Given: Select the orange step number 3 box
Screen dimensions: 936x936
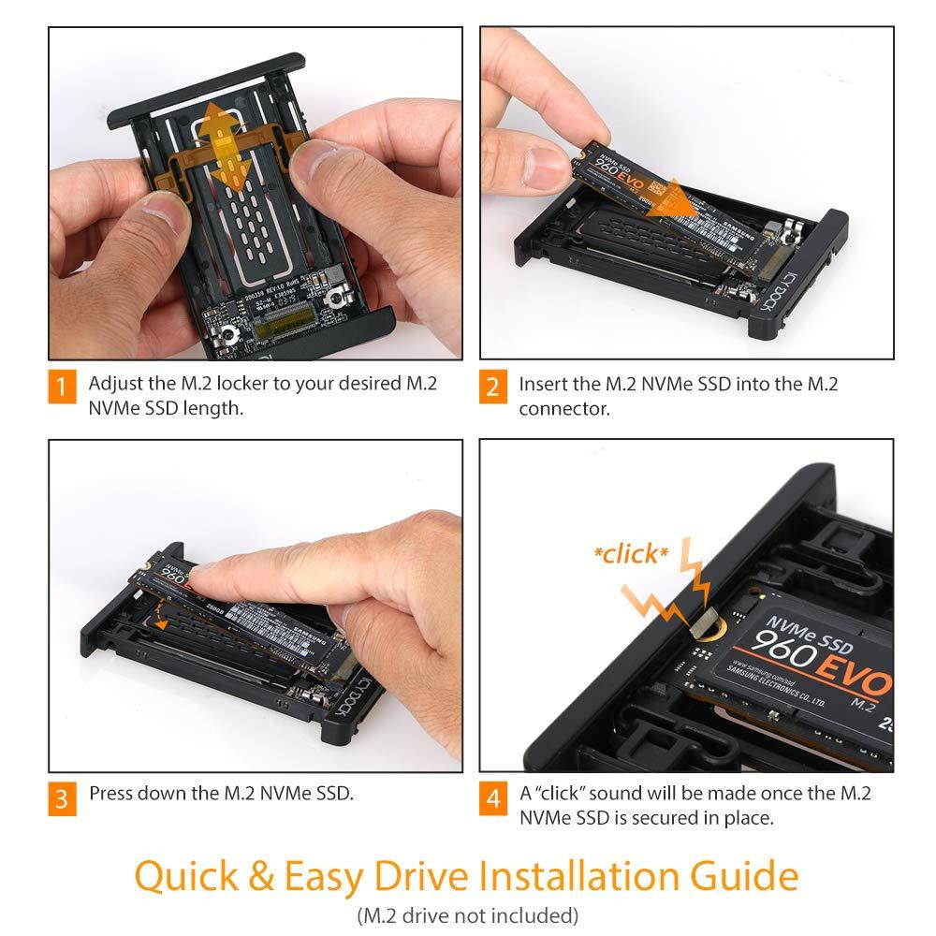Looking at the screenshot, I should coord(62,798).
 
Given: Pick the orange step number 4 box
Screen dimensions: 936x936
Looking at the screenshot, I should coord(493,798).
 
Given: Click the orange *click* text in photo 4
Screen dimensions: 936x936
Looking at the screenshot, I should coord(631,554).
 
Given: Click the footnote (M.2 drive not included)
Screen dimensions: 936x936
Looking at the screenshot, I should coord(467,915).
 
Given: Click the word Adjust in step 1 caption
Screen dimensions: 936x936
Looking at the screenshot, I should coord(113,385).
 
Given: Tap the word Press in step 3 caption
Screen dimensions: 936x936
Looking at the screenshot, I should coord(111,794).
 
